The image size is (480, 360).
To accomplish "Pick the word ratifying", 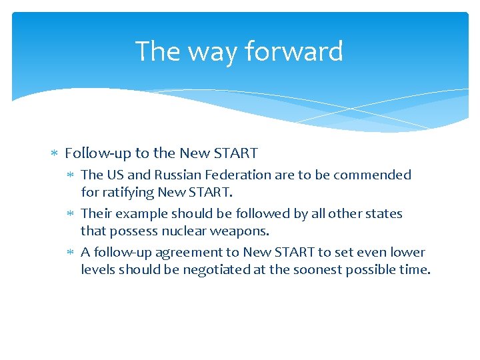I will point(127,192).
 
